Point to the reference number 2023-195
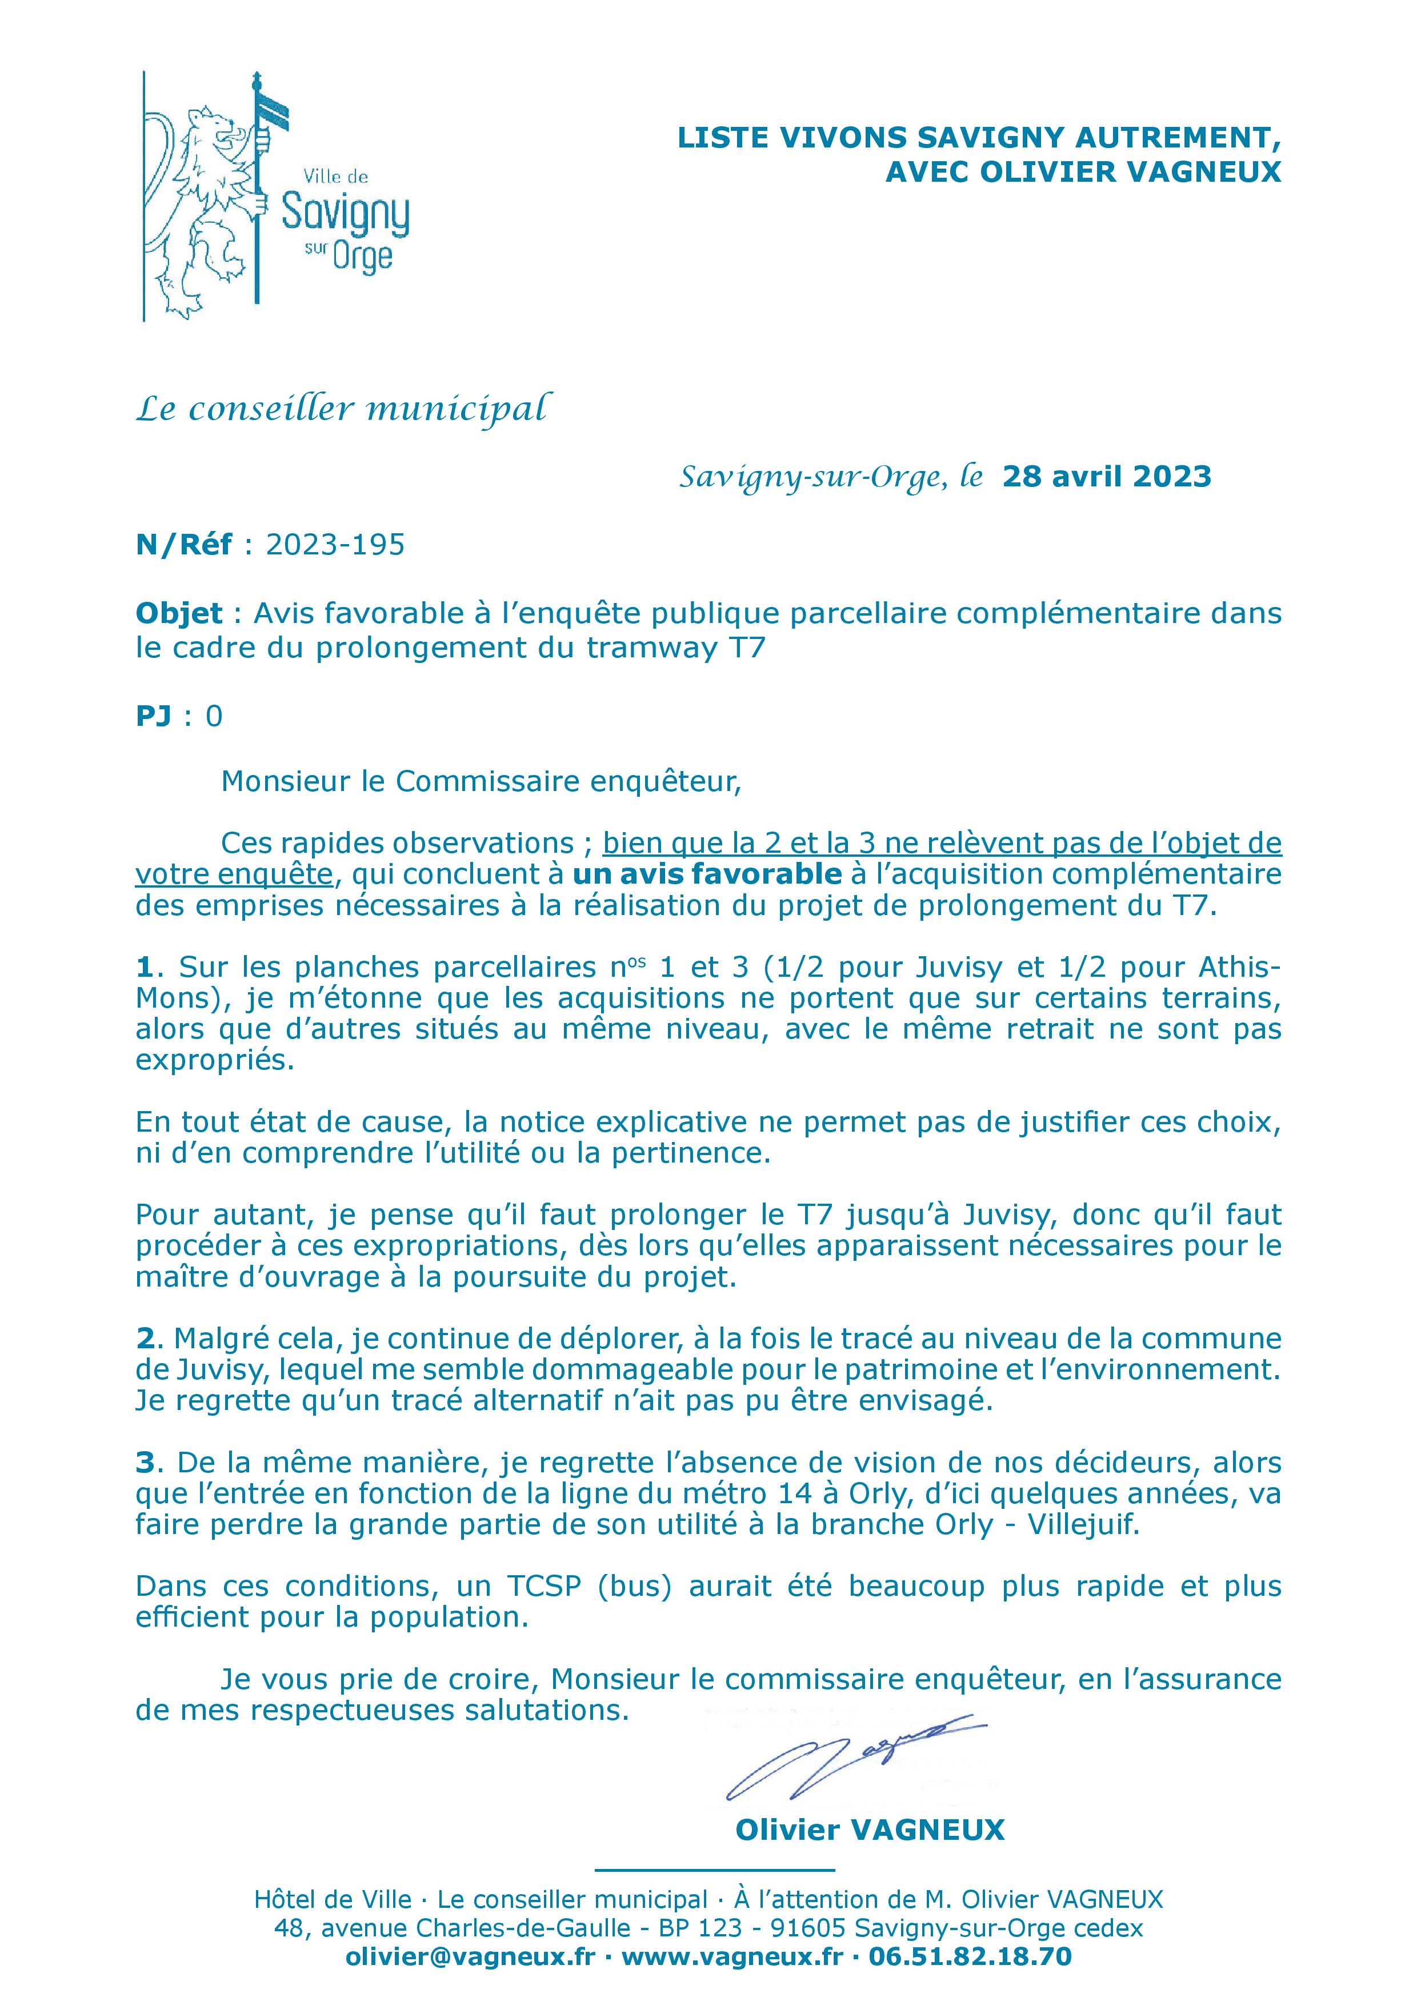[335, 545]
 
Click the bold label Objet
[179, 614]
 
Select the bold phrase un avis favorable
[707, 873]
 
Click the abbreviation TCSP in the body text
[542, 1586]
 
